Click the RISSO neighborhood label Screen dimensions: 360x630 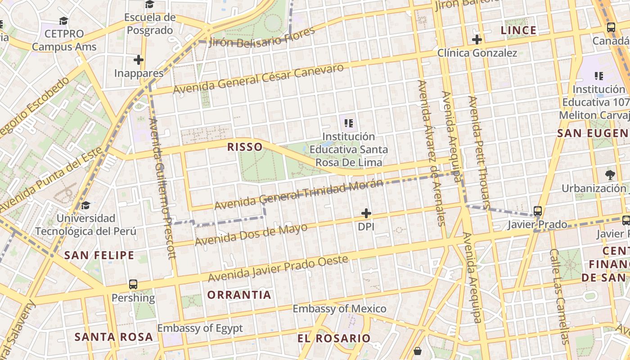point(245,147)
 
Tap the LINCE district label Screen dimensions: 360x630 point(518,30)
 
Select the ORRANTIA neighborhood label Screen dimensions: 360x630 point(239,295)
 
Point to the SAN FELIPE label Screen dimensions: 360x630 point(99,255)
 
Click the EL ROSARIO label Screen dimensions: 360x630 point(334,338)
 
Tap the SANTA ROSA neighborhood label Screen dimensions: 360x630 point(113,337)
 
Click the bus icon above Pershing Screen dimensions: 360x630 point(133,284)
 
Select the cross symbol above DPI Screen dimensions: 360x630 point(366,213)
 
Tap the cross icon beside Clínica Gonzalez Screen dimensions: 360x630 point(477,40)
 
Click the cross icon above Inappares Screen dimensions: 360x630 point(139,59)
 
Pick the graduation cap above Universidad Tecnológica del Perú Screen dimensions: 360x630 point(85,206)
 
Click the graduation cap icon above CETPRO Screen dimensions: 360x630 point(64,21)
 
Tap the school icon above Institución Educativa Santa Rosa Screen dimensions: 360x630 point(348,122)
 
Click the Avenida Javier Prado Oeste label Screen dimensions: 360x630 point(278,269)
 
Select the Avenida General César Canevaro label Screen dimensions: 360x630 point(258,79)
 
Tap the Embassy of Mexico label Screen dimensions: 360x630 point(339,309)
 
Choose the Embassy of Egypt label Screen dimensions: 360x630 point(200,328)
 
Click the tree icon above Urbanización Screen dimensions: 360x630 point(610,175)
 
